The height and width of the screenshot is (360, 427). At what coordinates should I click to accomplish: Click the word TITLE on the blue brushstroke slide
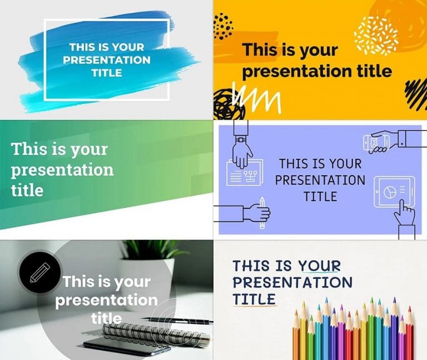(x=107, y=73)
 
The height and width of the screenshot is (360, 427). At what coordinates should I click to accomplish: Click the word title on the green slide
(x=27, y=190)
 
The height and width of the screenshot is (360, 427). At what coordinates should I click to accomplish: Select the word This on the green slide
(x=29, y=149)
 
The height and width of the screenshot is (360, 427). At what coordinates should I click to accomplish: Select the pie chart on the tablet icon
(x=390, y=192)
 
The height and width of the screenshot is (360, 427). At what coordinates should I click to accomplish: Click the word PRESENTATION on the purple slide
(x=320, y=180)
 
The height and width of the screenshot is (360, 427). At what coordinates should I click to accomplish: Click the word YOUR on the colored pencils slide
(x=319, y=266)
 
